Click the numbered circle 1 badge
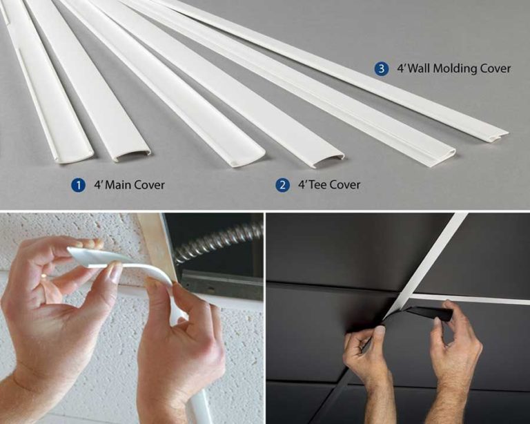(79, 185)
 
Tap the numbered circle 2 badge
(283, 185)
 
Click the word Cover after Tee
(348, 185)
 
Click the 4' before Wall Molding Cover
(402, 68)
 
